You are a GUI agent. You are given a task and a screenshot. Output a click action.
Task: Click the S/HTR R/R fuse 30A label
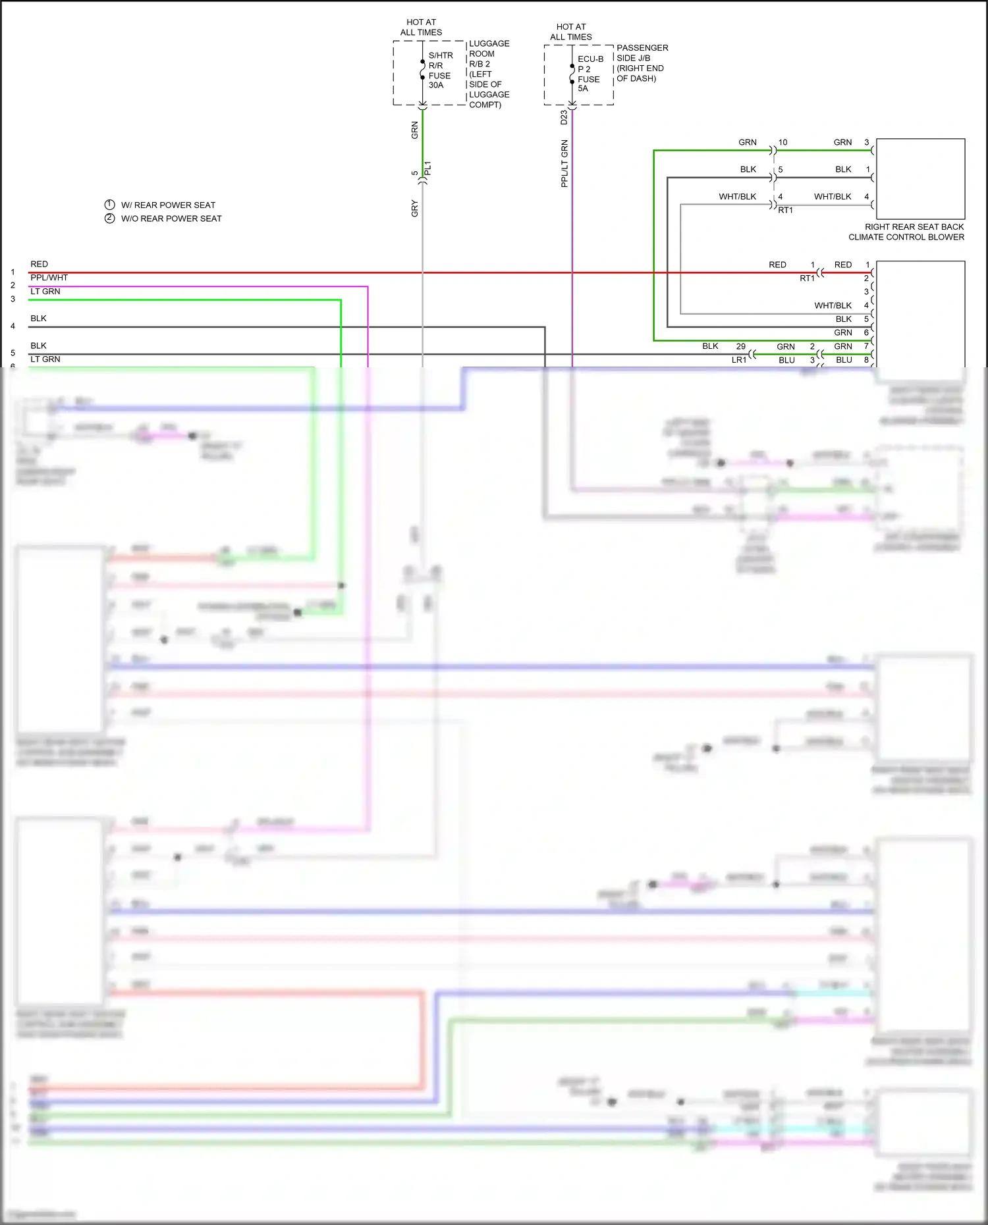coord(440,70)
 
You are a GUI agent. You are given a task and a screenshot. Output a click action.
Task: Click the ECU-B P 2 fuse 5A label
coord(590,74)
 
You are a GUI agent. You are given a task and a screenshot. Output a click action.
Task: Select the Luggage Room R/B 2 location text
coord(489,74)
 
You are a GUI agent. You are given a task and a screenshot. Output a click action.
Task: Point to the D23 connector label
coord(564,117)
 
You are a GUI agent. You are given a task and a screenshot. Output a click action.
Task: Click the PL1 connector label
coord(427,169)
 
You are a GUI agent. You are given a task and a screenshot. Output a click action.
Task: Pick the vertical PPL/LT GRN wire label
coord(564,163)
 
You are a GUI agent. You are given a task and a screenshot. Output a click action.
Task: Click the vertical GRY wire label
coord(414,208)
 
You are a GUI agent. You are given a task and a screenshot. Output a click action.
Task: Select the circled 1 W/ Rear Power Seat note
coord(160,205)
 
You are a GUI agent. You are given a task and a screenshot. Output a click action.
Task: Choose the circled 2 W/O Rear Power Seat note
coord(163,219)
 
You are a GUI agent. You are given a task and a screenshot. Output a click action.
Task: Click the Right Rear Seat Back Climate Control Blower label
coord(906,232)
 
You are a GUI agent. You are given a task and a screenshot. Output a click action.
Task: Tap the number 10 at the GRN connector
coord(782,142)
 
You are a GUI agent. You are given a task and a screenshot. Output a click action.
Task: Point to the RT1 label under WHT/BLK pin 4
coord(785,210)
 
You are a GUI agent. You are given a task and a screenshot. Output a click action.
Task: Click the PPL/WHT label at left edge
coord(49,278)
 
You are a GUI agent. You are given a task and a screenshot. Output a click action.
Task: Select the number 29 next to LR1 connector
coord(740,346)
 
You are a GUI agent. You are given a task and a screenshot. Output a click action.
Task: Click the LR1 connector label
coord(739,360)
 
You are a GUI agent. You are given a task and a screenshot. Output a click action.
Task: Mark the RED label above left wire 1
coord(39,264)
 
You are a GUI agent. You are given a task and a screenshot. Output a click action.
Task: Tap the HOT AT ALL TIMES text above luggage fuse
coord(421,27)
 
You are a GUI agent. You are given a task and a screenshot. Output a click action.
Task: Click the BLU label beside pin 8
coord(844,360)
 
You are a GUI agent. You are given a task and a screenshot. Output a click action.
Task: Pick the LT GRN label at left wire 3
coord(45,291)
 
